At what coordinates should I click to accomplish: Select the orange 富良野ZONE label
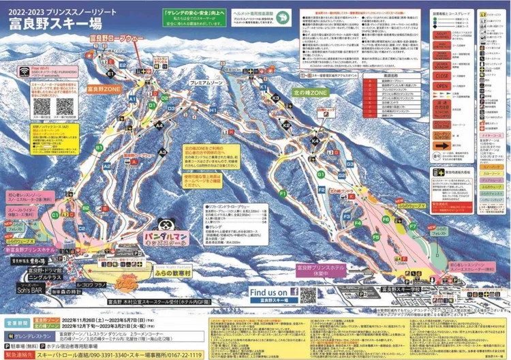pyautogui.click(x=104, y=88)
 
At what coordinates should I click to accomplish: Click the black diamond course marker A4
pyautogui.click(x=159, y=125)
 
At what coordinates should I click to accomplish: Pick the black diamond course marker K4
pyautogui.click(x=315, y=140)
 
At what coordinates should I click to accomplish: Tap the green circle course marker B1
pyautogui.click(x=99, y=147)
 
